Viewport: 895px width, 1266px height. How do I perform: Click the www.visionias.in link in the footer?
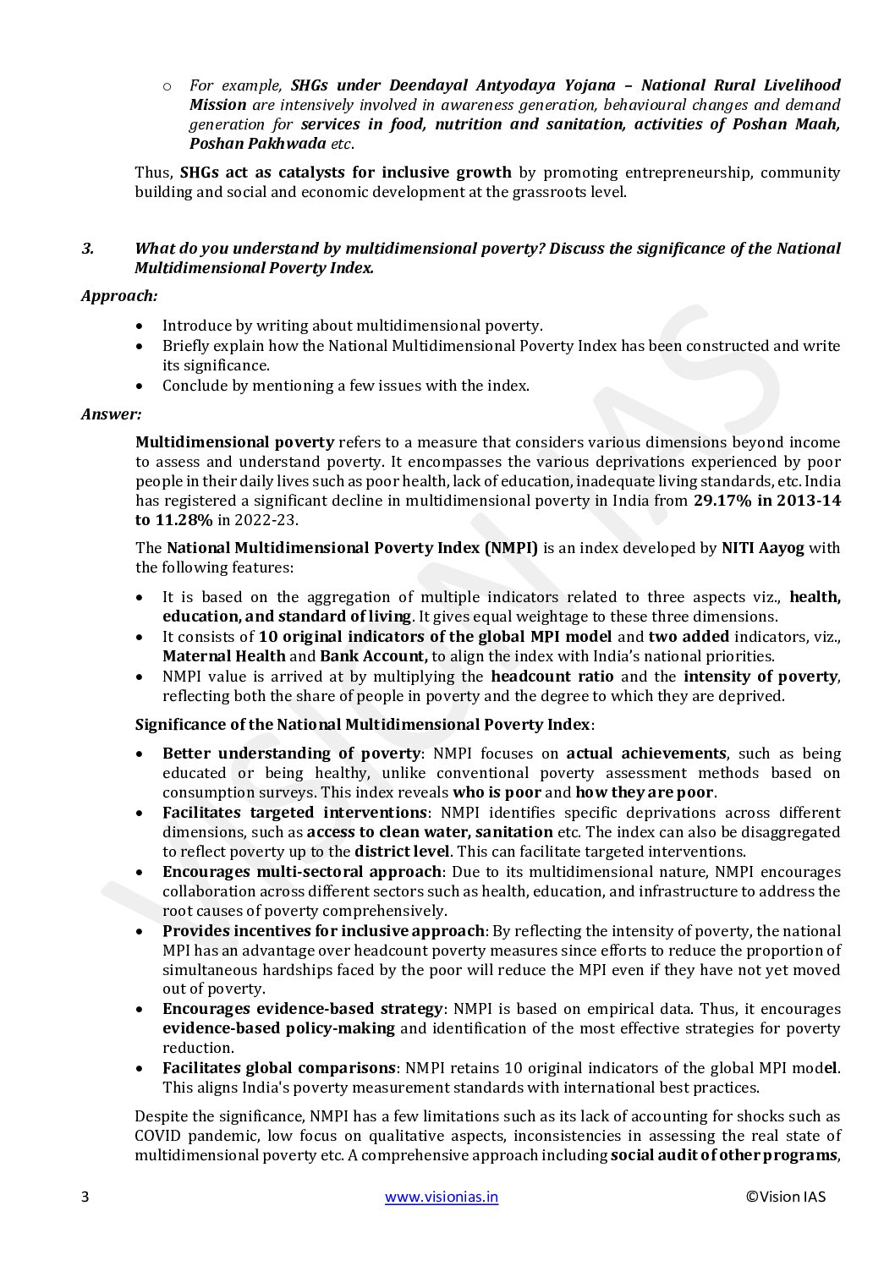[x=442, y=1197]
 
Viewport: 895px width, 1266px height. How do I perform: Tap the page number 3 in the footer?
[x=85, y=1197]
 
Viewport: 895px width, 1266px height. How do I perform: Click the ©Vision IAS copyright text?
[x=786, y=1197]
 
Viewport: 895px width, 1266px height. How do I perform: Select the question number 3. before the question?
[x=87, y=249]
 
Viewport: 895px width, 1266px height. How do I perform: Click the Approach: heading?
[x=119, y=296]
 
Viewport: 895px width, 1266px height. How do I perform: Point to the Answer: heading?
[x=112, y=414]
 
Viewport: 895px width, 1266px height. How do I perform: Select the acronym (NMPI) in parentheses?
[x=511, y=548]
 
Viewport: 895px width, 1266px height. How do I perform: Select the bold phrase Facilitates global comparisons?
[x=278, y=1068]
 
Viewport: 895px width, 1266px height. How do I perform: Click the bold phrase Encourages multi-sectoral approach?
[x=302, y=872]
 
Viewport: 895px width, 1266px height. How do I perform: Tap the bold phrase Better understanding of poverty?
[x=291, y=754]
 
